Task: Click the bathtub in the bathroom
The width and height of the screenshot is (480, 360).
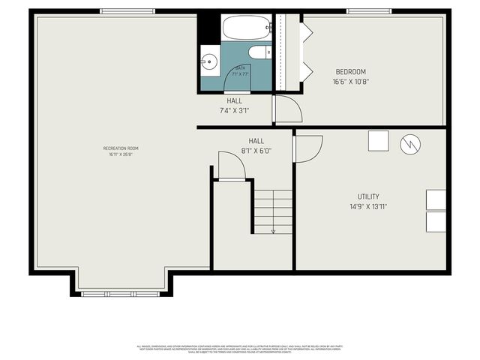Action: click(x=247, y=28)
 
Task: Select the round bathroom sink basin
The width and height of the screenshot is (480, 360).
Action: click(x=209, y=61)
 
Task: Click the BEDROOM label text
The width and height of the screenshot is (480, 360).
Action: click(x=351, y=72)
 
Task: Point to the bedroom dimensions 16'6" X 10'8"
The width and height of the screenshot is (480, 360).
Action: click(x=351, y=82)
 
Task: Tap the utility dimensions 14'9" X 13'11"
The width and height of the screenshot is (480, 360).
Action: click(x=367, y=206)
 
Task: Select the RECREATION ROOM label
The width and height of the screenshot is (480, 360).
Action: click(x=121, y=148)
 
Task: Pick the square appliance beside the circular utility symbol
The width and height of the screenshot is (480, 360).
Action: click(x=379, y=141)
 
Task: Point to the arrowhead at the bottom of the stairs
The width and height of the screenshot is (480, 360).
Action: click(x=273, y=231)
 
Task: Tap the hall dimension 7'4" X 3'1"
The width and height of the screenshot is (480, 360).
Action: click(x=234, y=110)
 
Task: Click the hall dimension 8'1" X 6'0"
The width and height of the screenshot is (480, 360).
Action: click(x=256, y=150)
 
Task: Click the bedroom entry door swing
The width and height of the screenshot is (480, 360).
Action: click(x=287, y=109)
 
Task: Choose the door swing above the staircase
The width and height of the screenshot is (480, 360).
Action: click(x=231, y=166)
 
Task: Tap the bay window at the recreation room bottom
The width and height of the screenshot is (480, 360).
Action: click(x=121, y=293)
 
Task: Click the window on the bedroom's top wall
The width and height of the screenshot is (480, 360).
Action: click(x=370, y=11)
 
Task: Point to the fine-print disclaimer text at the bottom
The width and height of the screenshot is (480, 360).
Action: click(x=240, y=349)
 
